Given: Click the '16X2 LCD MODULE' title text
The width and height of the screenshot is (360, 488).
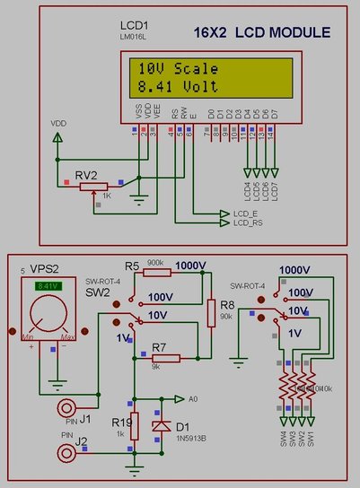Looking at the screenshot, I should (262, 33).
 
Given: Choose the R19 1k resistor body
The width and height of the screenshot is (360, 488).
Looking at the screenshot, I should (134, 427).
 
